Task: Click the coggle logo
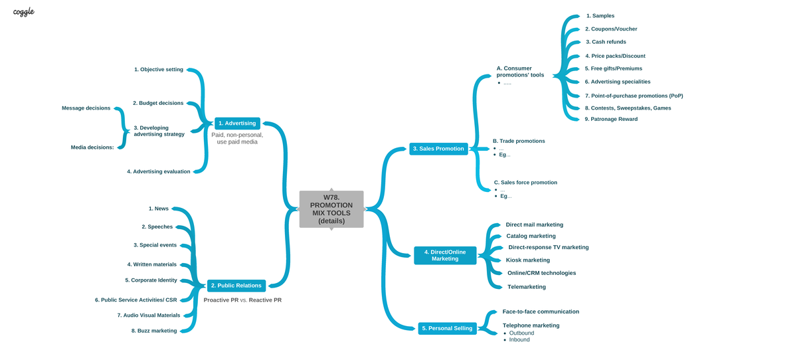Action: (23, 12)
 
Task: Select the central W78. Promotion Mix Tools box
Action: (331, 209)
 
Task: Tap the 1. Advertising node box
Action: (237, 124)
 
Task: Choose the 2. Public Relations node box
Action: (236, 286)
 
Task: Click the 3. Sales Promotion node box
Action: (438, 149)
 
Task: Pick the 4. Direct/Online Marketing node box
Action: (445, 256)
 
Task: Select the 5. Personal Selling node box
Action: (447, 328)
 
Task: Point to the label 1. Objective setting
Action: (159, 69)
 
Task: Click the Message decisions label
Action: (86, 108)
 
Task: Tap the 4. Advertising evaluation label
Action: (159, 171)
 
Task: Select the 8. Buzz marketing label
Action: (154, 331)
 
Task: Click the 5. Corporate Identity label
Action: (151, 280)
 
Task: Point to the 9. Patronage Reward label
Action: (611, 119)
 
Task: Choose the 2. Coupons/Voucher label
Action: (611, 29)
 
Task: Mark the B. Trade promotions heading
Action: (519, 141)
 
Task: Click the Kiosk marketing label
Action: (528, 260)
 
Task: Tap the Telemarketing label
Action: (527, 287)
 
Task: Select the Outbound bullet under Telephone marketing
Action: (521, 333)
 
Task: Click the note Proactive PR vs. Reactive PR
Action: (242, 300)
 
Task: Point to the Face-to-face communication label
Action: (541, 312)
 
